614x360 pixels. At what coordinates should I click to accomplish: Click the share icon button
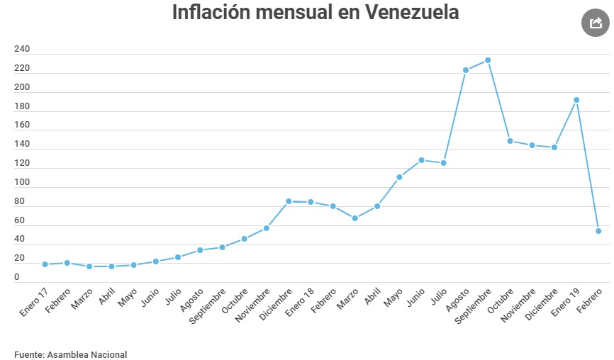[595, 23]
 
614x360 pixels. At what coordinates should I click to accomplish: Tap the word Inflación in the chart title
[216, 13]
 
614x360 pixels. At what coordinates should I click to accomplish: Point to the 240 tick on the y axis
[22, 50]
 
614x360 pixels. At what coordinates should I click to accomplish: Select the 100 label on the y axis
[22, 183]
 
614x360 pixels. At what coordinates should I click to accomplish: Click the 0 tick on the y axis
[17, 278]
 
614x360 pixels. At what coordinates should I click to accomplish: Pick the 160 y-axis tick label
[22, 125]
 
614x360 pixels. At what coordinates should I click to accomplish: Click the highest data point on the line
[488, 60]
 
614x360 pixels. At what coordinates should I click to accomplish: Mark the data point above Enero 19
[576, 100]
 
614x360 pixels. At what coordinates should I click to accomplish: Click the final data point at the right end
[598, 231]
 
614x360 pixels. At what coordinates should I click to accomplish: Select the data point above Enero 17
[45, 264]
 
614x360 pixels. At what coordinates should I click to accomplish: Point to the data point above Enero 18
[311, 202]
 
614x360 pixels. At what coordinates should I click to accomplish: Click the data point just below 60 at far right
[598, 231]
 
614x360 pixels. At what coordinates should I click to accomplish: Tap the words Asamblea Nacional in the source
[87, 354]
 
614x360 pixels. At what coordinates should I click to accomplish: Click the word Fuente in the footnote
[28, 354]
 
